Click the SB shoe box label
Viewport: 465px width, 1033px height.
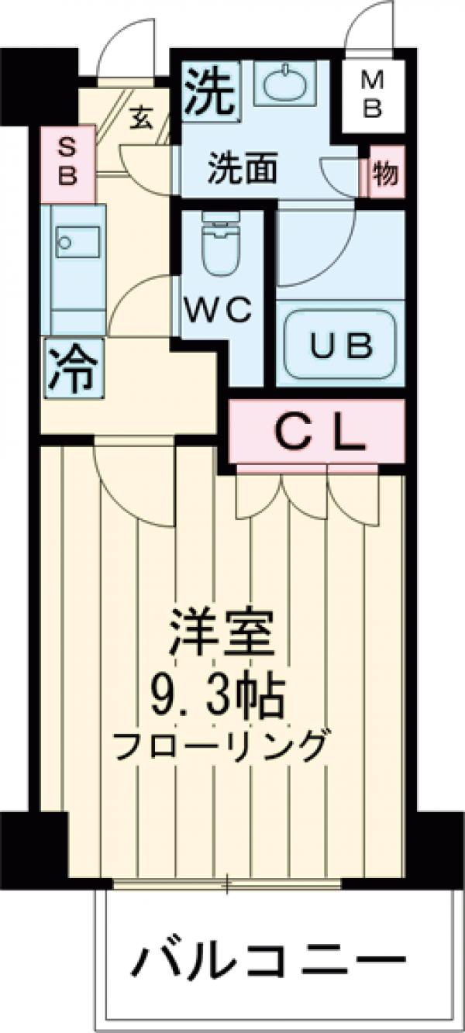68,164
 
